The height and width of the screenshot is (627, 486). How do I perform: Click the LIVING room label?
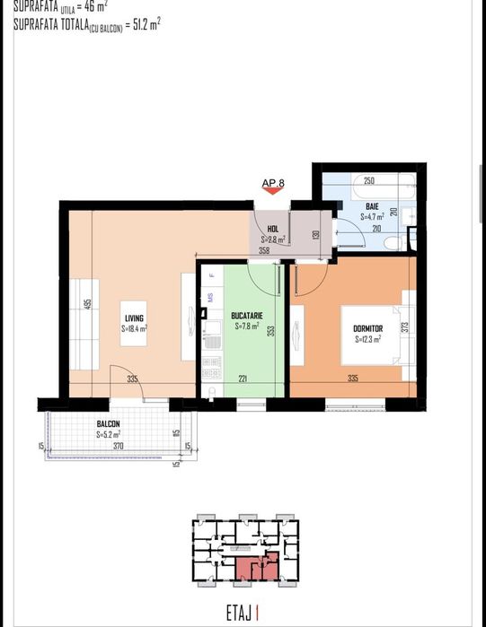[135, 318]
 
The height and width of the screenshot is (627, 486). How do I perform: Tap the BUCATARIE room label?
[246, 316]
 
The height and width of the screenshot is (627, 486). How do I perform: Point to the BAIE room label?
[372, 207]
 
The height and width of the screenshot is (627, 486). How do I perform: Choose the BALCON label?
[109, 424]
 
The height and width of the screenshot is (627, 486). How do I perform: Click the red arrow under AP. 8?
[273, 192]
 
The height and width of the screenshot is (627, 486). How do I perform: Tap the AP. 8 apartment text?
[273, 183]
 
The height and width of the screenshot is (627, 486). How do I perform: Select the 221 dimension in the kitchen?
[242, 379]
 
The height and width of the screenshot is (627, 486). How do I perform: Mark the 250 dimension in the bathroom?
[369, 180]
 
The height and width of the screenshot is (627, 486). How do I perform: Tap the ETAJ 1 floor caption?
[243, 614]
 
